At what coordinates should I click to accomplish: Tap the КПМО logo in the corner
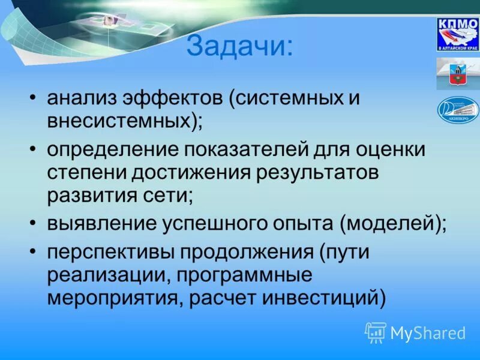pos(457,34)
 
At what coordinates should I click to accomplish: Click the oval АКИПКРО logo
pos(457,110)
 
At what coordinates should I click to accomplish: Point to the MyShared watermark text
pos(428,332)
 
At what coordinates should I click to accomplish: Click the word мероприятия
pos(112,298)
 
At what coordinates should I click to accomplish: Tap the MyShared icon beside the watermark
pos(376,332)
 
